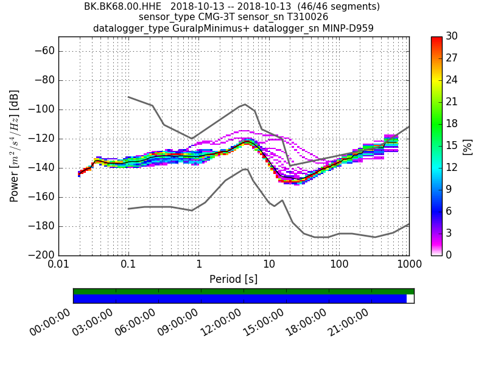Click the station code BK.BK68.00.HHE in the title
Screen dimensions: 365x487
point(122,7)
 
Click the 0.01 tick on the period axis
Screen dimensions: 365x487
point(58,264)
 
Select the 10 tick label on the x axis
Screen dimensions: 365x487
point(269,264)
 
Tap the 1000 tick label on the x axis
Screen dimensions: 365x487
point(408,264)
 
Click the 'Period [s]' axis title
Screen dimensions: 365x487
point(233,279)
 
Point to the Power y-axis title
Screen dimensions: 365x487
point(15,146)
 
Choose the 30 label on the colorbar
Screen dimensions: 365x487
point(452,36)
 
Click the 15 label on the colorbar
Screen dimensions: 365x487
point(452,145)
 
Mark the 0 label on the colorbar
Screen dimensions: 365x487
point(449,255)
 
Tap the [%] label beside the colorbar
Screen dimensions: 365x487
point(468,146)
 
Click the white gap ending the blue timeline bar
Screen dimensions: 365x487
point(410,299)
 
